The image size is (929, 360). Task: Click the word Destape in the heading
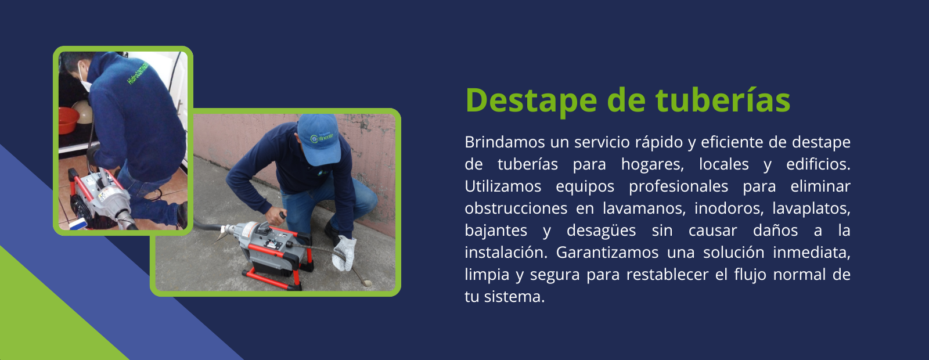tap(531, 100)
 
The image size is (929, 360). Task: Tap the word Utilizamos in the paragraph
tap(503, 186)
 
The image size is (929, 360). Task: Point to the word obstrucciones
tap(516, 208)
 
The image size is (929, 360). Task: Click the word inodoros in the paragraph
tap(729, 208)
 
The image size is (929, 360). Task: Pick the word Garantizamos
tap(607, 253)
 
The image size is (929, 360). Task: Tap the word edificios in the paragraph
tap(818, 164)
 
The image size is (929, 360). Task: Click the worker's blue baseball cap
tap(319, 139)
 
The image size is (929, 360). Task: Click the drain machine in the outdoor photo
tap(273, 247)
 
